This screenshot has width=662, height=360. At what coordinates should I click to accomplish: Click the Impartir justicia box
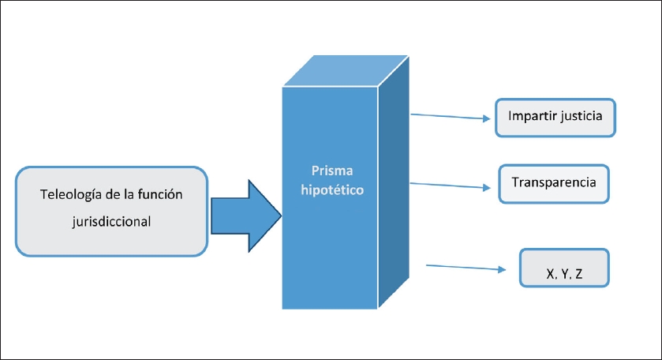tap(555, 117)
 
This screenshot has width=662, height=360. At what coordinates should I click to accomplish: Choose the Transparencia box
tap(553, 182)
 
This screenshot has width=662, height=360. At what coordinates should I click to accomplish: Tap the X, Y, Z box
tap(565, 268)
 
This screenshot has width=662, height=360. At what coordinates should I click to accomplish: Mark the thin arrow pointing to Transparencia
tap(451, 186)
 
